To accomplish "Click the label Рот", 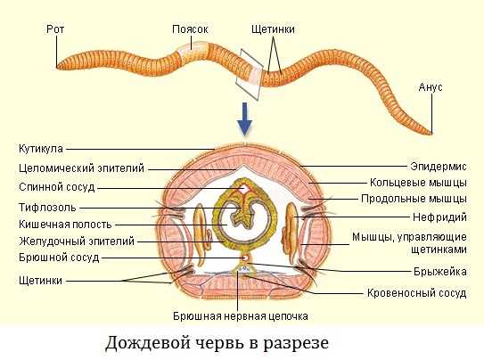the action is [x=55, y=29].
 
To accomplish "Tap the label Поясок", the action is [x=190, y=29].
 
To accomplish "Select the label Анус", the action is [x=431, y=87].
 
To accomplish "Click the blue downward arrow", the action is [x=245, y=119].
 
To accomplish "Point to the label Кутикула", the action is [x=41, y=149].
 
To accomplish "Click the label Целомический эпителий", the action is [x=81, y=168].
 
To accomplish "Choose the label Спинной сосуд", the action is [x=57, y=187].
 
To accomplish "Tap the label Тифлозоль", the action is [x=47, y=208].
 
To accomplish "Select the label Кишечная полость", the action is [x=65, y=225].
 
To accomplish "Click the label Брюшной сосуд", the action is [x=59, y=258].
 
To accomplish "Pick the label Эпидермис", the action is [x=439, y=167].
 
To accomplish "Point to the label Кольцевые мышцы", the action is [x=418, y=183].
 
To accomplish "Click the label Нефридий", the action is [x=439, y=217].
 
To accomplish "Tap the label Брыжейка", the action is [x=440, y=272].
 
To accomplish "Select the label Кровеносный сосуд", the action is [x=417, y=293].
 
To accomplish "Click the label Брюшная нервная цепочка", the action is [x=241, y=316].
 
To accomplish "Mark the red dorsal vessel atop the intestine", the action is [x=243, y=189].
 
